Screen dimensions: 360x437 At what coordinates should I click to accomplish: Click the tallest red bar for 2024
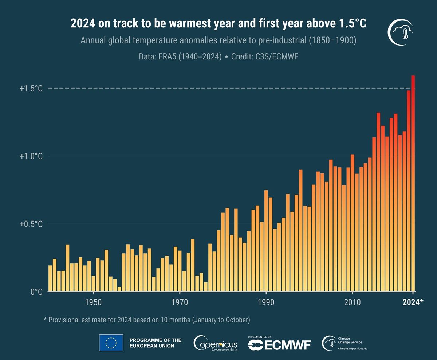click(413, 182)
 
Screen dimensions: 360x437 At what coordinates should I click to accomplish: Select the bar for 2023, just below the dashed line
click(409, 189)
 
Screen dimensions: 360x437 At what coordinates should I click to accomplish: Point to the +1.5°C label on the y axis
click(31, 89)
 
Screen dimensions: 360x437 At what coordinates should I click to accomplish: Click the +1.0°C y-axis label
click(31, 156)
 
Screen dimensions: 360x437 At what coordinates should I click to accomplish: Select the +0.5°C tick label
click(31, 224)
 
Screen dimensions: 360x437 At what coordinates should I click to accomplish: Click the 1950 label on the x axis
click(94, 303)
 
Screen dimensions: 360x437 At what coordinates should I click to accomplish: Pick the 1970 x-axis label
click(180, 303)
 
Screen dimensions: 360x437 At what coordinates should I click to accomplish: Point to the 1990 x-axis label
click(266, 303)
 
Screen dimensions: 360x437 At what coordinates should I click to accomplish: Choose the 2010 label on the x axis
click(352, 303)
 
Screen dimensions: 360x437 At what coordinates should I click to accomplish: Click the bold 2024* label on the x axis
click(413, 303)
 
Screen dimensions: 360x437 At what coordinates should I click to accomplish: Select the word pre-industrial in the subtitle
click(279, 40)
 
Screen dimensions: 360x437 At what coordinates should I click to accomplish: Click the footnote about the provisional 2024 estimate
click(147, 320)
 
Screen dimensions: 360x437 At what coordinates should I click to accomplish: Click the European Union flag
click(111, 343)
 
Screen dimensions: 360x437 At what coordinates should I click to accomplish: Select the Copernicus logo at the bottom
click(216, 343)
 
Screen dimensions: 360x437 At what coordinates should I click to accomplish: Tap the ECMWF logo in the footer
click(279, 344)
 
